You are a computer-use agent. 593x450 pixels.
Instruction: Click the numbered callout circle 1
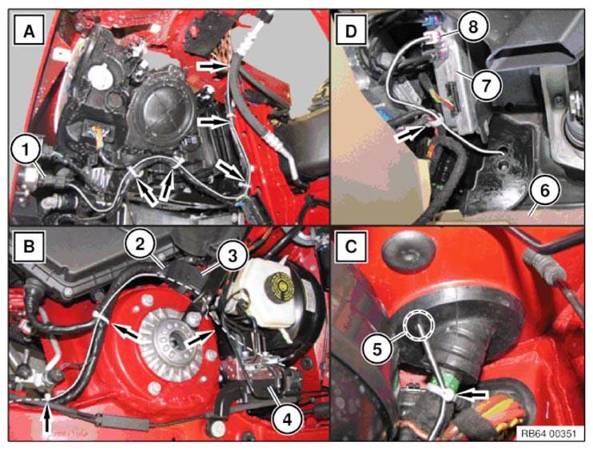coord(26,151)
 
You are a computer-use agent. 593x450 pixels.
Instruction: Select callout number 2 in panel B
coord(140,245)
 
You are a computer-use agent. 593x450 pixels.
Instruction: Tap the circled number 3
coord(232,256)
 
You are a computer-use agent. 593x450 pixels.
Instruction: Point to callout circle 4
coord(288,419)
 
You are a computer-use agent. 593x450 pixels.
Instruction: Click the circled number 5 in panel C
coord(378,349)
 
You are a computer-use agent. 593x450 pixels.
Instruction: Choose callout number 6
coord(544,191)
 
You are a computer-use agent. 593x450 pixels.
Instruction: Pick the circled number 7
coord(487,85)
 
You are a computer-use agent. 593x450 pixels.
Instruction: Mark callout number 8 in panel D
coord(473,27)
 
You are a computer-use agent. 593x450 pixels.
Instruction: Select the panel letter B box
coord(29,246)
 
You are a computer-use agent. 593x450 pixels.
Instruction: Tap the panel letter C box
coord(351,246)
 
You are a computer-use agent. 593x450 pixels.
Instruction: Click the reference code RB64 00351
coord(548,433)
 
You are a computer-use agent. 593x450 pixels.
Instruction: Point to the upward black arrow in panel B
coord(47,418)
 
